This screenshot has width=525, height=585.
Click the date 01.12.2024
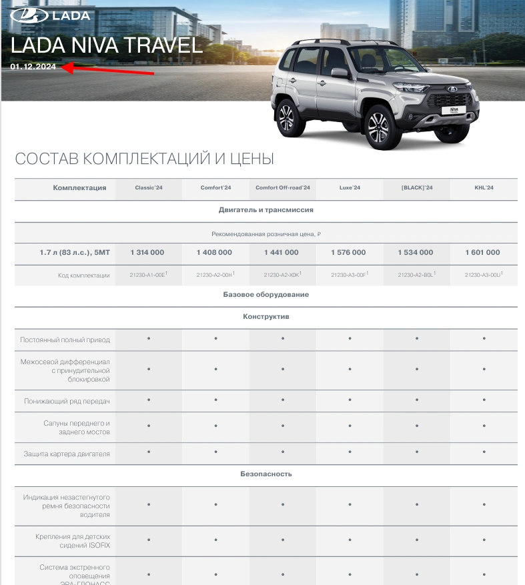click(x=33, y=66)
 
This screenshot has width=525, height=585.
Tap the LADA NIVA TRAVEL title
click(x=107, y=45)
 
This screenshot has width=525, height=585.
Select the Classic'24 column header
click(x=148, y=188)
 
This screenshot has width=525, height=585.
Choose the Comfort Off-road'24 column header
click(x=283, y=188)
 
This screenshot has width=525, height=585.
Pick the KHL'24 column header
click(x=484, y=188)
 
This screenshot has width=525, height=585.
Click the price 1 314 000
click(x=147, y=253)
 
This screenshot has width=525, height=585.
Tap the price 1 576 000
click(x=349, y=253)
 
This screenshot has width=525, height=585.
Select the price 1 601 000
click(x=484, y=253)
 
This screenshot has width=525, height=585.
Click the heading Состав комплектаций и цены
click(x=144, y=159)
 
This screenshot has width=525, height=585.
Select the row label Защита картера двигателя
click(x=67, y=454)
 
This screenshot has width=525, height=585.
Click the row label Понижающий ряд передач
click(x=67, y=402)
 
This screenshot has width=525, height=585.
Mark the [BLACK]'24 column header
click(x=417, y=188)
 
